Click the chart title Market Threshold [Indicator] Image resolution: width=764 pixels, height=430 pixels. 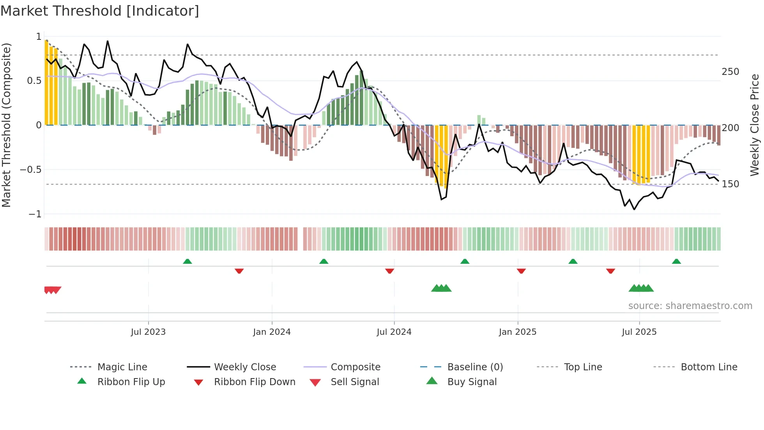point(100,11)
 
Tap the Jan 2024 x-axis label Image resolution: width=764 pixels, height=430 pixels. point(272,332)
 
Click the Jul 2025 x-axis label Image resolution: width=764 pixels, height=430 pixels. point(639,332)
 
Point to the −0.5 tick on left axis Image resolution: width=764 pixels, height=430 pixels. point(30,170)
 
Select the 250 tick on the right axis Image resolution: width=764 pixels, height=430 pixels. point(730,72)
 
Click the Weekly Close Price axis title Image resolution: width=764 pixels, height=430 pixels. point(755,125)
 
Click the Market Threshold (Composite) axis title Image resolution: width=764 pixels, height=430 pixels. point(6,125)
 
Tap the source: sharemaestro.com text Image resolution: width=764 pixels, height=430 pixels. point(690,306)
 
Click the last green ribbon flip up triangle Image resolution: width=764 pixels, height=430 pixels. point(676,261)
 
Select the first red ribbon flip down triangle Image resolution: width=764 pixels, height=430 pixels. point(239,271)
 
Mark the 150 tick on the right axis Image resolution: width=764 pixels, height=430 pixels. point(730,184)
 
